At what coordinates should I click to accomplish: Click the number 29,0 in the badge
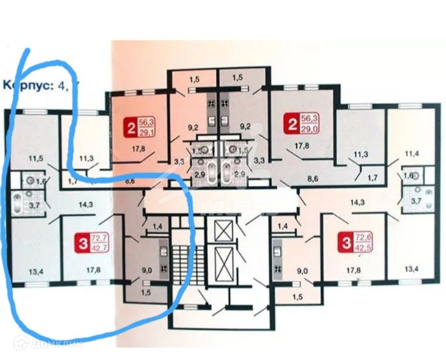310,133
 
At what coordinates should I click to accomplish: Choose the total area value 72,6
360,238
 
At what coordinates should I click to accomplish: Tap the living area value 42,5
360,247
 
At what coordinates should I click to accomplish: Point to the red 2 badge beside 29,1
132,127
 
